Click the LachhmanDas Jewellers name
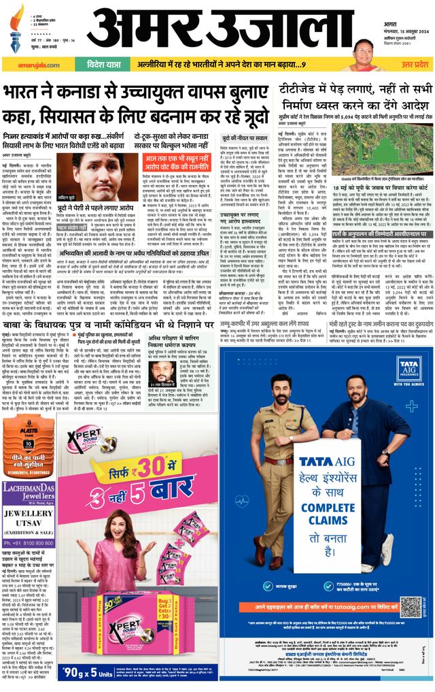(x=28, y=489)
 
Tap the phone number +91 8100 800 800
(x=28, y=544)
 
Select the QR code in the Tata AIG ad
(x=410, y=604)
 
